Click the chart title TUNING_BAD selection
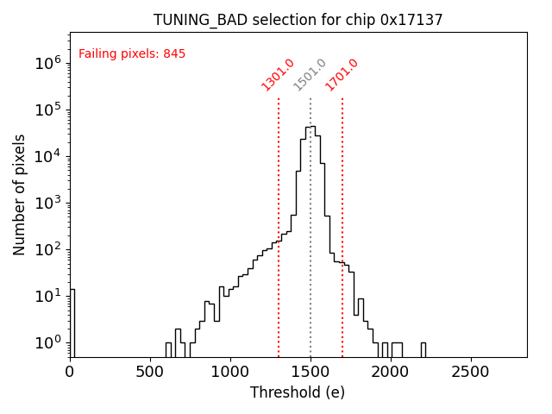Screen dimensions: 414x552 click(298, 20)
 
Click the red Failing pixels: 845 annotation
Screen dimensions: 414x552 click(132, 54)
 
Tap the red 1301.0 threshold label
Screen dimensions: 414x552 click(278, 75)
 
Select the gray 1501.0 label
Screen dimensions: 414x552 click(310, 75)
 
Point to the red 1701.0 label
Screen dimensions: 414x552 click(342, 75)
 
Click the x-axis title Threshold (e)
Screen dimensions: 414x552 click(298, 392)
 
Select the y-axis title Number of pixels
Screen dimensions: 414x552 click(20, 194)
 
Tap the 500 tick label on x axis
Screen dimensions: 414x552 click(150, 372)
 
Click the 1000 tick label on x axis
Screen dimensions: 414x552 click(230, 372)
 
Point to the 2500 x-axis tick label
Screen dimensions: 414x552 click(471, 372)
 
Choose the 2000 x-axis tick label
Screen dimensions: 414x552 click(391, 372)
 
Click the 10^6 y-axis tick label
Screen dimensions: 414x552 click(48, 63)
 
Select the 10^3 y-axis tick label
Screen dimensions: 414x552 click(48, 203)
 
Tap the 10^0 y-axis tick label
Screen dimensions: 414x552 click(48, 342)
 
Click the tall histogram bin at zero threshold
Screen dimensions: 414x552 click(72, 323)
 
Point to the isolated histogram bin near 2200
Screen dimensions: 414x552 click(423, 349)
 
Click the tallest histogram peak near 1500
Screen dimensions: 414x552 click(310, 129)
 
